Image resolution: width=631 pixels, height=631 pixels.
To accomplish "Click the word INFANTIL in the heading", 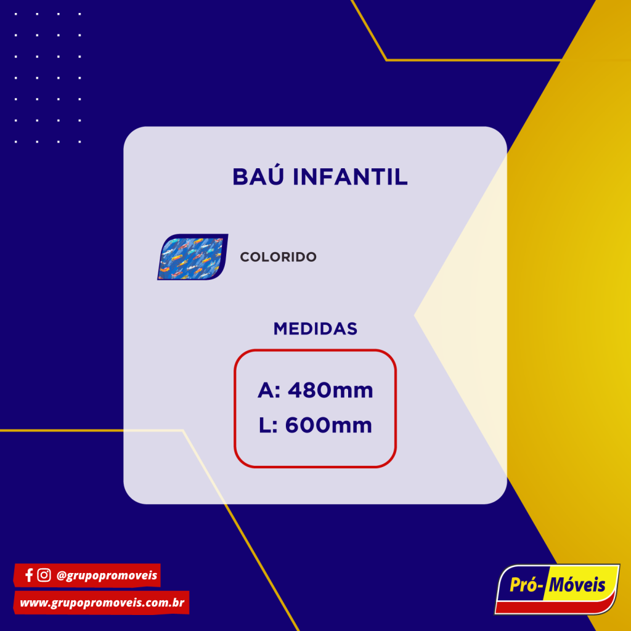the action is [x=350, y=177].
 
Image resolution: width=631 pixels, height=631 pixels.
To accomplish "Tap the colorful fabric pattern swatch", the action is [x=193, y=257].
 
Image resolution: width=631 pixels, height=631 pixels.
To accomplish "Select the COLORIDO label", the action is [x=278, y=257].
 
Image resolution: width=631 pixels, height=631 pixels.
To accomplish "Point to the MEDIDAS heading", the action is [x=315, y=329].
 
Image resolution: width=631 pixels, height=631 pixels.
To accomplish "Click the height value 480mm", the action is [x=330, y=390].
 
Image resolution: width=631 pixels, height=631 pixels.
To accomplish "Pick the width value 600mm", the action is [x=328, y=425].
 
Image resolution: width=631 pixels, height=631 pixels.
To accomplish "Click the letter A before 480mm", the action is [x=266, y=390].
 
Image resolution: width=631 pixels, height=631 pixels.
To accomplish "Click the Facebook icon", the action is [x=29, y=576].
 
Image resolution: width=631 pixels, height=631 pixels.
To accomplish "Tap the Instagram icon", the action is [x=44, y=575].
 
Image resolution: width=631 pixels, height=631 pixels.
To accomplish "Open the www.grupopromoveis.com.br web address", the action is [x=102, y=603].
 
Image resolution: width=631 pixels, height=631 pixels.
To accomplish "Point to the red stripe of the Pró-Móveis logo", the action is [x=555, y=606].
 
